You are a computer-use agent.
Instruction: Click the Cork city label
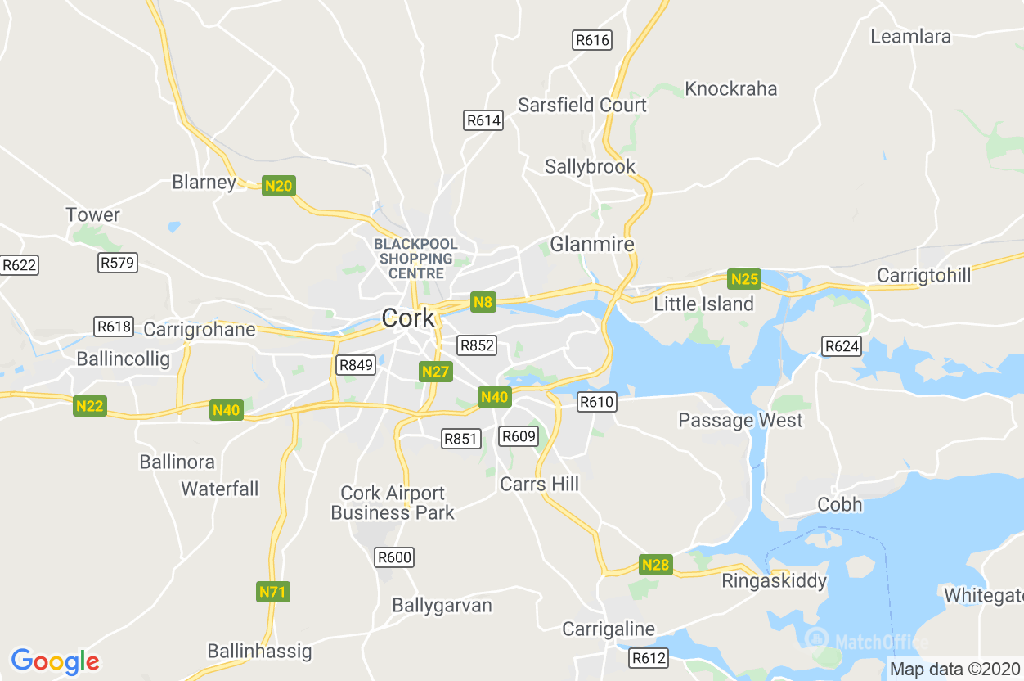point(408,318)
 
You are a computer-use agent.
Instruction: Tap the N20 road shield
point(279,186)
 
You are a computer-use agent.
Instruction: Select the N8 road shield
point(483,302)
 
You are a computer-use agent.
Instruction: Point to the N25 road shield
point(745,279)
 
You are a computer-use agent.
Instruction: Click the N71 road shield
point(273,591)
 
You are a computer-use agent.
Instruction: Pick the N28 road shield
point(655,565)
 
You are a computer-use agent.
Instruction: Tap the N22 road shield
point(90,405)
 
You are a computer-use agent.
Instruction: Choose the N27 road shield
point(436,372)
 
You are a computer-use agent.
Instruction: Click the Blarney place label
point(204,182)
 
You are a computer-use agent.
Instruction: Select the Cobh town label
point(840,504)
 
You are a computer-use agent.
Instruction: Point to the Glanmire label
point(592,244)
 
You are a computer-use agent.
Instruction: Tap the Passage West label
point(740,421)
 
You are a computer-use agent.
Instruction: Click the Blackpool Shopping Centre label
point(415,259)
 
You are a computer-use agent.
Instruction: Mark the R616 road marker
point(592,40)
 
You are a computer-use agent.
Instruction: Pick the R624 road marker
point(842,346)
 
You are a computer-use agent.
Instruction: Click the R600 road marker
point(394,557)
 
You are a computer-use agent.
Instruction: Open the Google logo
point(55,661)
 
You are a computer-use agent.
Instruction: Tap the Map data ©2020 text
point(954,669)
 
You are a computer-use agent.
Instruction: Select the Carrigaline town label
point(609,629)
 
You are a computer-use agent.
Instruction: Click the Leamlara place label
point(910,37)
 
